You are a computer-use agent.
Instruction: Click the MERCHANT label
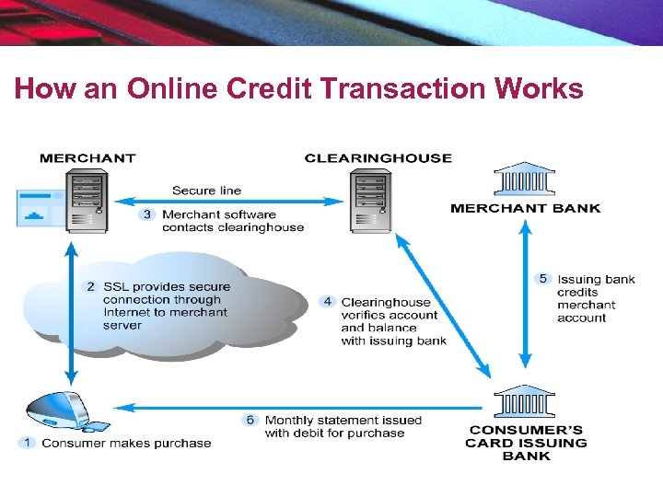click(87, 158)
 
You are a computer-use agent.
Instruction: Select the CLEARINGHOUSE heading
click(378, 158)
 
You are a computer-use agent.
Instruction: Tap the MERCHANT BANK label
click(525, 208)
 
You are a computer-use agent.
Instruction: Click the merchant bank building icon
click(524, 180)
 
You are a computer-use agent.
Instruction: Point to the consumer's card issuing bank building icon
click(524, 402)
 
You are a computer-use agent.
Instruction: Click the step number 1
click(28, 443)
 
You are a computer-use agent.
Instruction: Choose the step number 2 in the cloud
click(90, 286)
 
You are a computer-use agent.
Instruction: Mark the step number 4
click(328, 301)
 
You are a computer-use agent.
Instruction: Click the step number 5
click(543, 279)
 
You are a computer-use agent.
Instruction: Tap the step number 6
click(250, 420)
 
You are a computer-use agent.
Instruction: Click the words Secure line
click(206, 191)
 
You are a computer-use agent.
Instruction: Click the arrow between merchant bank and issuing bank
click(524, 299)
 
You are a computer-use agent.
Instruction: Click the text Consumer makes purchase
click(126, 443)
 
